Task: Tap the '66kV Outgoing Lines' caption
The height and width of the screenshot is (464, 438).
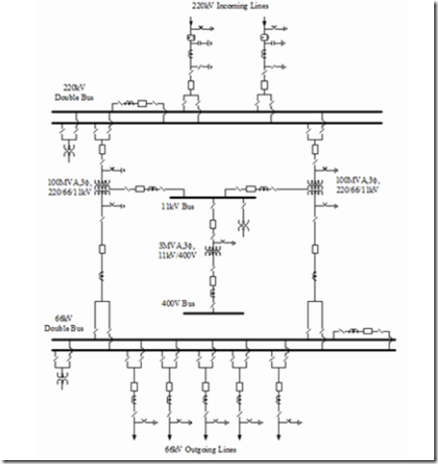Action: tap(206, 450)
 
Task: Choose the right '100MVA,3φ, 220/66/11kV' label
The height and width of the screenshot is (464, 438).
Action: tap(357, 186)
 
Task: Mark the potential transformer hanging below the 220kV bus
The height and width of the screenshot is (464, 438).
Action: tap(70, 151)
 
